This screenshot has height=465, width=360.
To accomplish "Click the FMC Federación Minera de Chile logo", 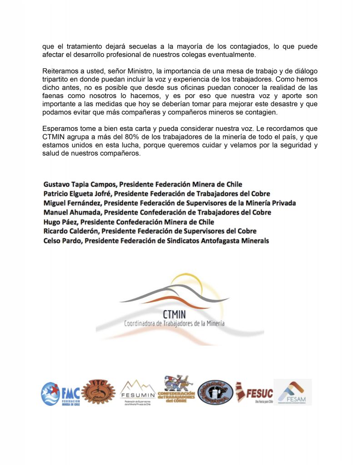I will click(x=60, y=393).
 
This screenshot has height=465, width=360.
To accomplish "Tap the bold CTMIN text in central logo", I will click(x=174, y=314).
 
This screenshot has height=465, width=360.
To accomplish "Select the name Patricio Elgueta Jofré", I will click(x=76, y=194).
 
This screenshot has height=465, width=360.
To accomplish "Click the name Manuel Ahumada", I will click(x=70, y=213).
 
